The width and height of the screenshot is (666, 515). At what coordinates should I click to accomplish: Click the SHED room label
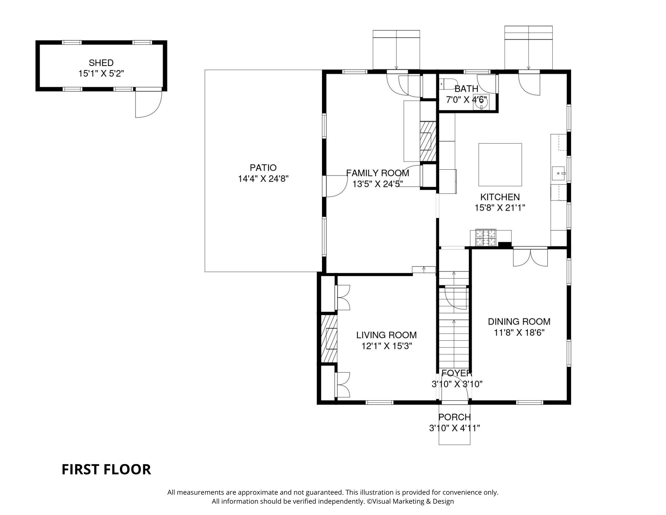(x=101, y=63)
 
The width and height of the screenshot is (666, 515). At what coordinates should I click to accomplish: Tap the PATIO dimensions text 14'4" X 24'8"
(x=263, y=179)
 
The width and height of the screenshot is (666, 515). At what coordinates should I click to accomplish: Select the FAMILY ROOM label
(x=378, y=173)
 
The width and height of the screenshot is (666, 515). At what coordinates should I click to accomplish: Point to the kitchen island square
(x=500, y=165)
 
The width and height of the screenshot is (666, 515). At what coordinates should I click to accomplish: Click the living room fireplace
(x=329, y=338)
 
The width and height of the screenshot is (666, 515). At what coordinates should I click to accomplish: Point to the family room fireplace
(x=428, y=142)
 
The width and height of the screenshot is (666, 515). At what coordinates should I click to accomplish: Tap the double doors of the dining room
(x=530, y=258)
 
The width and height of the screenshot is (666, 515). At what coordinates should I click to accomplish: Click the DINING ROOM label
(x=519, y=321)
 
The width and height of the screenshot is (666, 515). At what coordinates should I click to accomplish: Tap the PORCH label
(x=455, y=417)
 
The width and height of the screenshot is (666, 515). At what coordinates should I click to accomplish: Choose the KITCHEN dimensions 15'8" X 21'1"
(x=500, y=208)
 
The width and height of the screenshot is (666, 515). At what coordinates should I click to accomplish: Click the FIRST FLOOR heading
(x=106, y=469)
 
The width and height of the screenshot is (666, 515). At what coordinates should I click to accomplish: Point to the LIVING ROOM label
(x=386, y=335)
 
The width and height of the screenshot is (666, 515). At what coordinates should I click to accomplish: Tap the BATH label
(x=466, y=89)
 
